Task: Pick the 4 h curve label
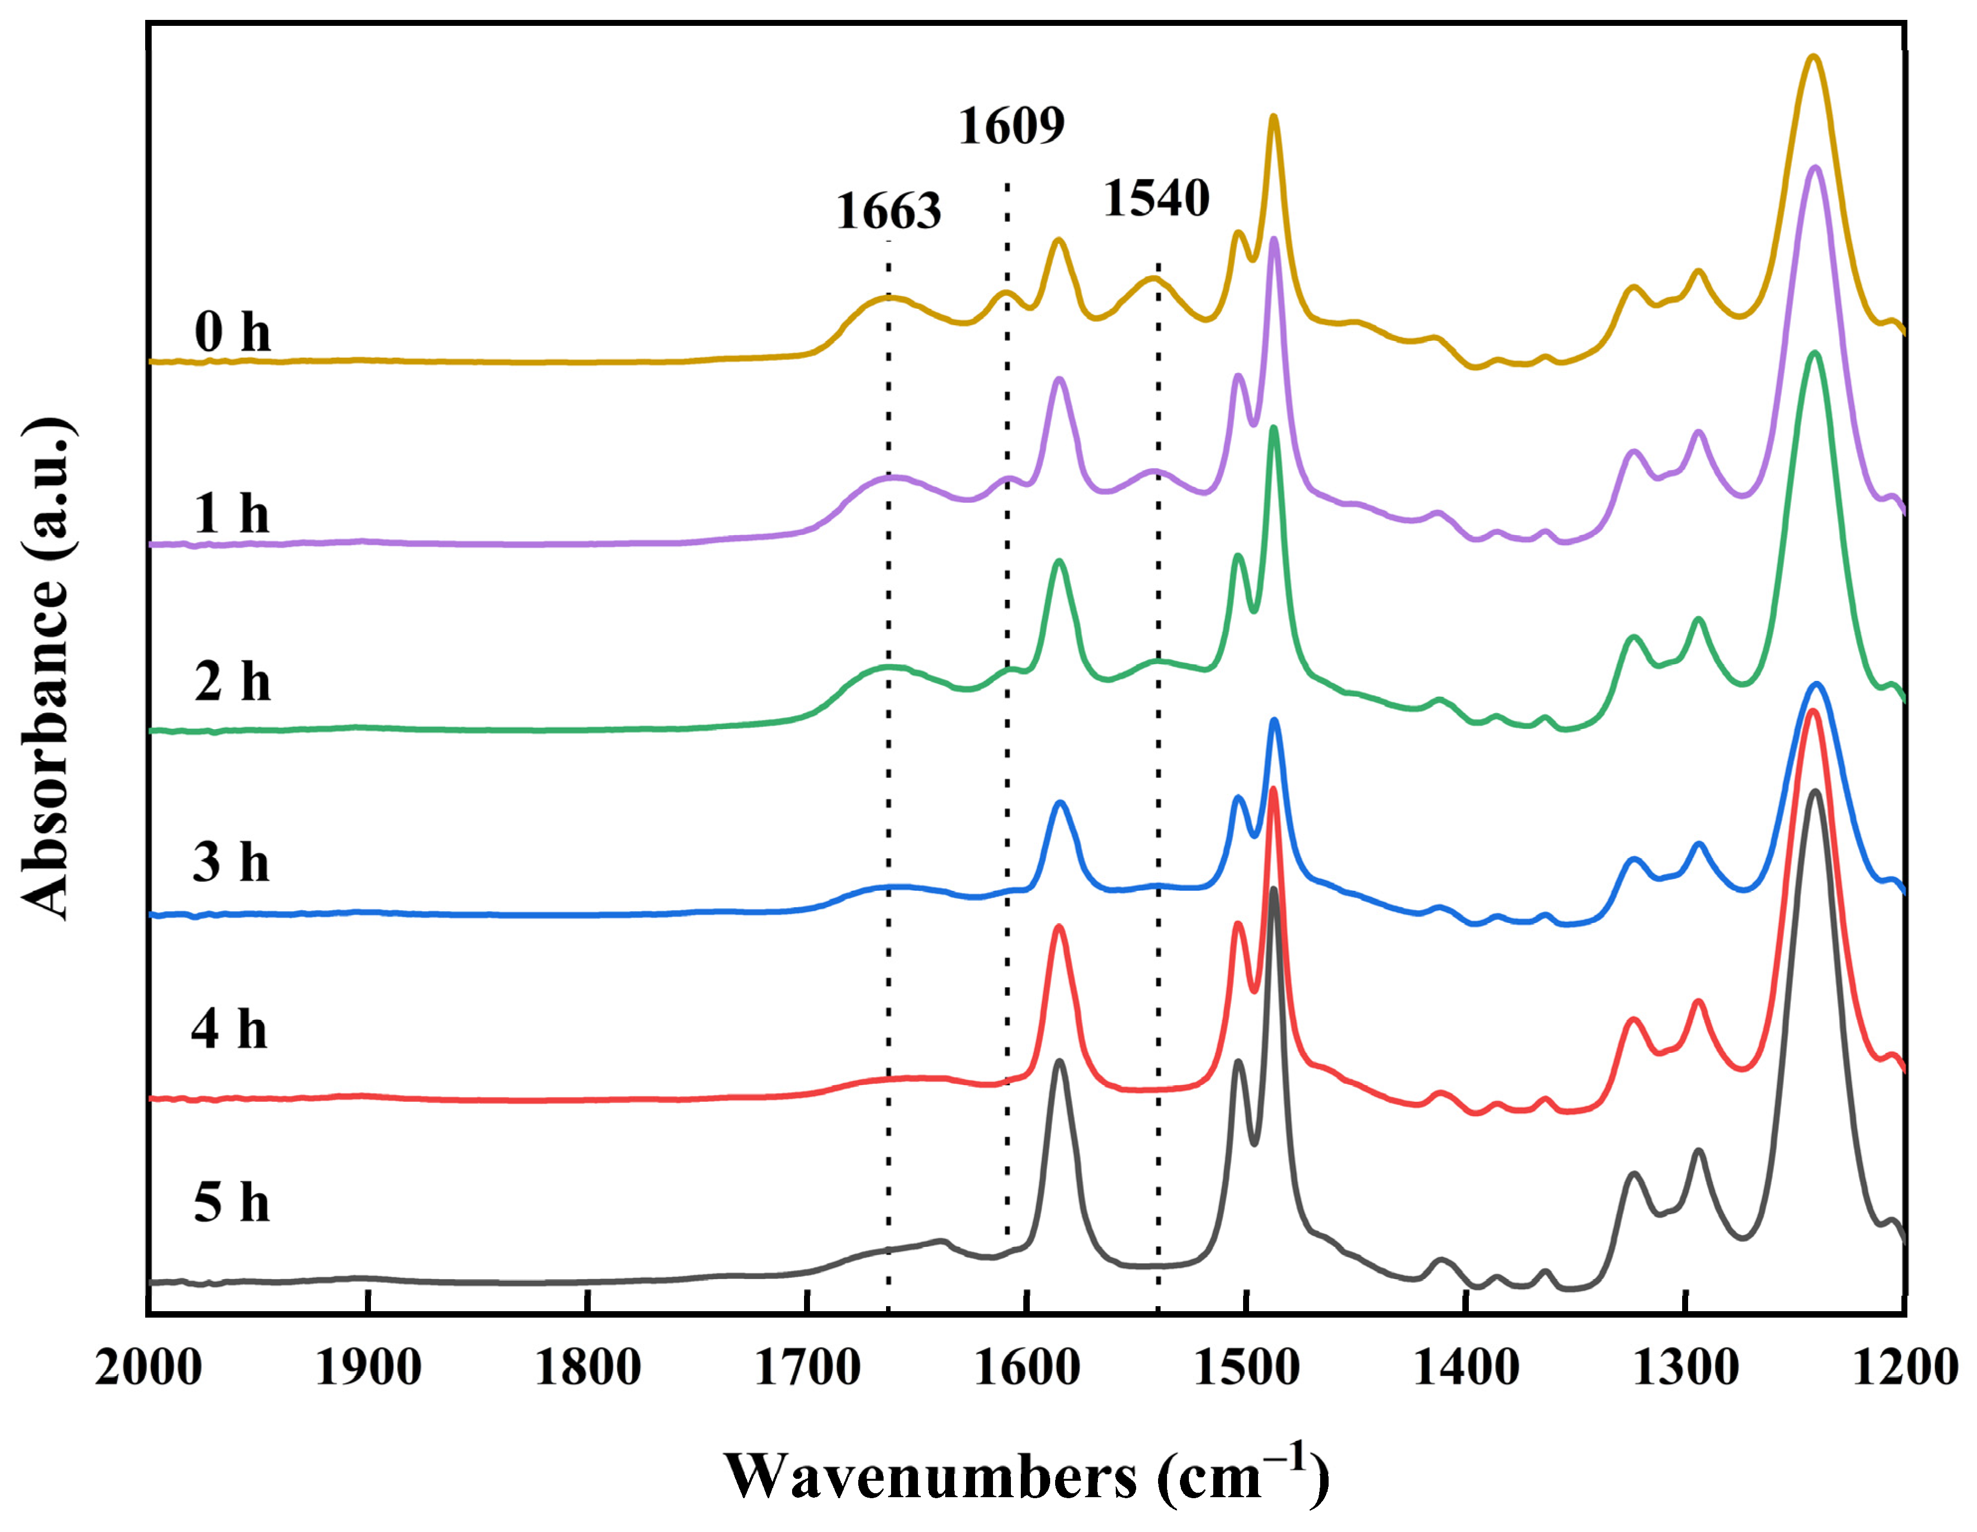point(229,1030)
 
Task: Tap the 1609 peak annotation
point(1011,126)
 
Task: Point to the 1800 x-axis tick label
point(588,1367)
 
